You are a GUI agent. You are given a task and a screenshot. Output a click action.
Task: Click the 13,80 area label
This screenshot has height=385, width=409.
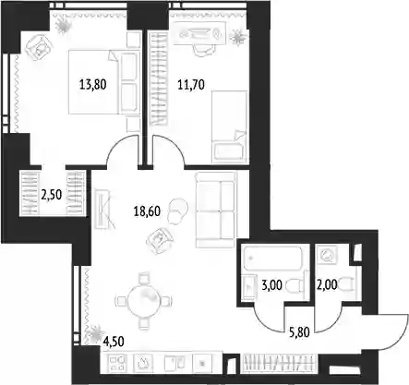pyautogui.click(x=93, y=84)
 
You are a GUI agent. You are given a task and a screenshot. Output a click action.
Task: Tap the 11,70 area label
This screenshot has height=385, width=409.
pyautogui.click(x=191, y=84)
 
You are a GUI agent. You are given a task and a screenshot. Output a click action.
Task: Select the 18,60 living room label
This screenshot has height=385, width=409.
pyautogui.click(x=147, y=211)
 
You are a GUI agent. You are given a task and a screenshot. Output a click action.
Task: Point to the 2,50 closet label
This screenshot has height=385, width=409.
pyautogui.click(x=52, y=195)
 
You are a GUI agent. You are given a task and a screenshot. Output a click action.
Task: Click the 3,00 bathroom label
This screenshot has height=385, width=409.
pyautogui.click(x=271, y=285)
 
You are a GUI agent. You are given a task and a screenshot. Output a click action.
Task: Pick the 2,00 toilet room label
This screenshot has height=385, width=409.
pyautogui.click(x=327, y=285)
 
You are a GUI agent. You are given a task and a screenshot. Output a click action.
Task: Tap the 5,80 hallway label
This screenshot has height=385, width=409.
pyautogui.click(x=299, y=332)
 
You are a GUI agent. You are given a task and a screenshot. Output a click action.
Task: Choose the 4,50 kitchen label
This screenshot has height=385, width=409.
pyautogui.click(x=114, y=342)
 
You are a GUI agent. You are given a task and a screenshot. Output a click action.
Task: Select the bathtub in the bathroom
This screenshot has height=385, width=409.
pyautogui.click(x=272, y=258)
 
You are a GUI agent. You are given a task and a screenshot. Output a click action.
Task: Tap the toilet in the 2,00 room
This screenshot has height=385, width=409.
pyautogui.click(x=347, y=284)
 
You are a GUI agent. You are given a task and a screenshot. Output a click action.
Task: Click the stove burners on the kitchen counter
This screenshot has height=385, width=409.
pyautogui.click(x=118, y=363)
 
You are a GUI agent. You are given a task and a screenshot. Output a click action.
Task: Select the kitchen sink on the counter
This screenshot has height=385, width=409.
pyautogui.click(x=175, y=364)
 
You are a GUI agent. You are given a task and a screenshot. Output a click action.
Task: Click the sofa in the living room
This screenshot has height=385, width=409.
pyautogui.click(x=216, y=211)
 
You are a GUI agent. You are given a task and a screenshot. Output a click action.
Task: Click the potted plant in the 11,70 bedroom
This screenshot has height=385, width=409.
pyautogui.click(x=239, y=37)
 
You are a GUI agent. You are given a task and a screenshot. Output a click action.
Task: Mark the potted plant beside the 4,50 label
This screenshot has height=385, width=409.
pyautogui.click(x=94, y=333)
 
